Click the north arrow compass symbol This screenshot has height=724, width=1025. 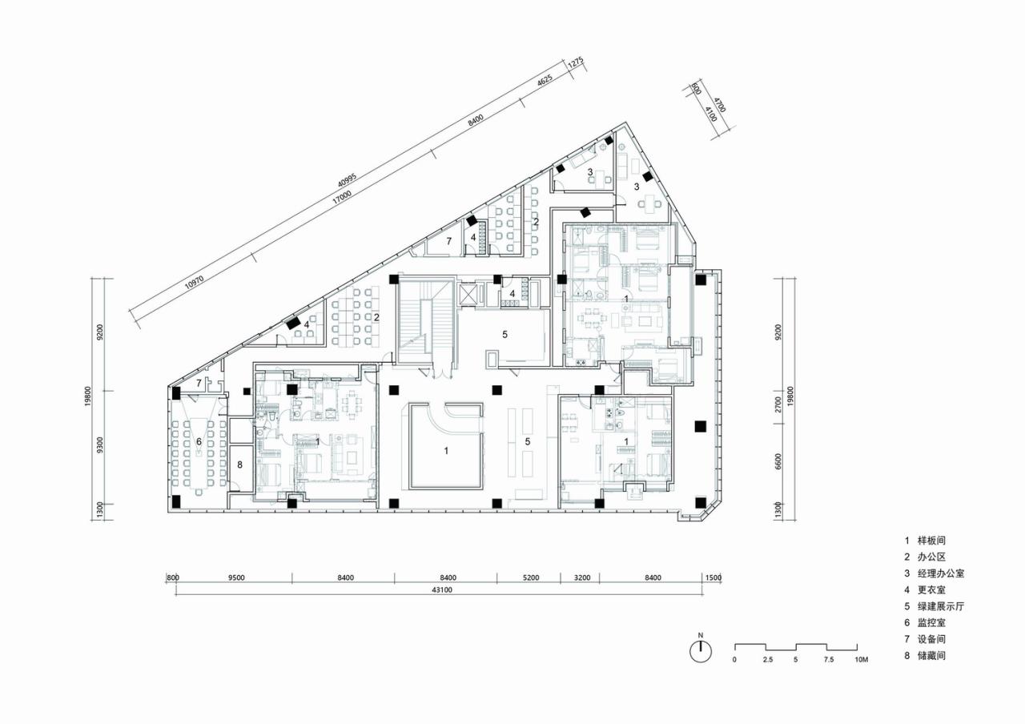pos(701,652)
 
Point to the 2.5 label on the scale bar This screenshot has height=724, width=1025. pos(766,660)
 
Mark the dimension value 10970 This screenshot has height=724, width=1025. pos(193,280)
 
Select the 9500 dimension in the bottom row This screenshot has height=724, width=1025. pos(235,577)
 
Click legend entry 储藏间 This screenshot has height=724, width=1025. pos(934,655)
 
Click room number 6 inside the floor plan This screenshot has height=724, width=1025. pos(199,442)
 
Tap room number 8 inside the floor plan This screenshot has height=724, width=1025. pos(239,465)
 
